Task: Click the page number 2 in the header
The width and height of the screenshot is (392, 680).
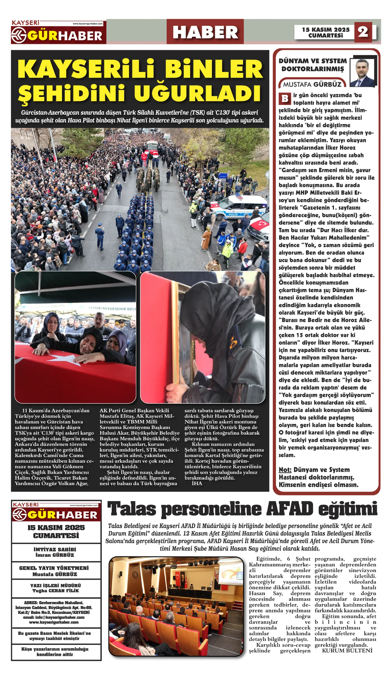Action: pyautogui.click(x=363, y=32)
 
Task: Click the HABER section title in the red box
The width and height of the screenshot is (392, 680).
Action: pyautogui.click(x=205, y=32)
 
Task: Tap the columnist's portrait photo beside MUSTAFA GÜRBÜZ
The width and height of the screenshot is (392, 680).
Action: pyautogui.click(x=363, y=73)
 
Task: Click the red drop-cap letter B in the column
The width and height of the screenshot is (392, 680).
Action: pyautogui.click(x=285, y=99)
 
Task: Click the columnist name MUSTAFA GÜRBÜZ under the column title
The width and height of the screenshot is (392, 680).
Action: pyautogui.click(x=312, y=84)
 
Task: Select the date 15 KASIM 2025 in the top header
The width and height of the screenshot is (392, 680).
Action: pyautogui.click(x=325, y=29)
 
